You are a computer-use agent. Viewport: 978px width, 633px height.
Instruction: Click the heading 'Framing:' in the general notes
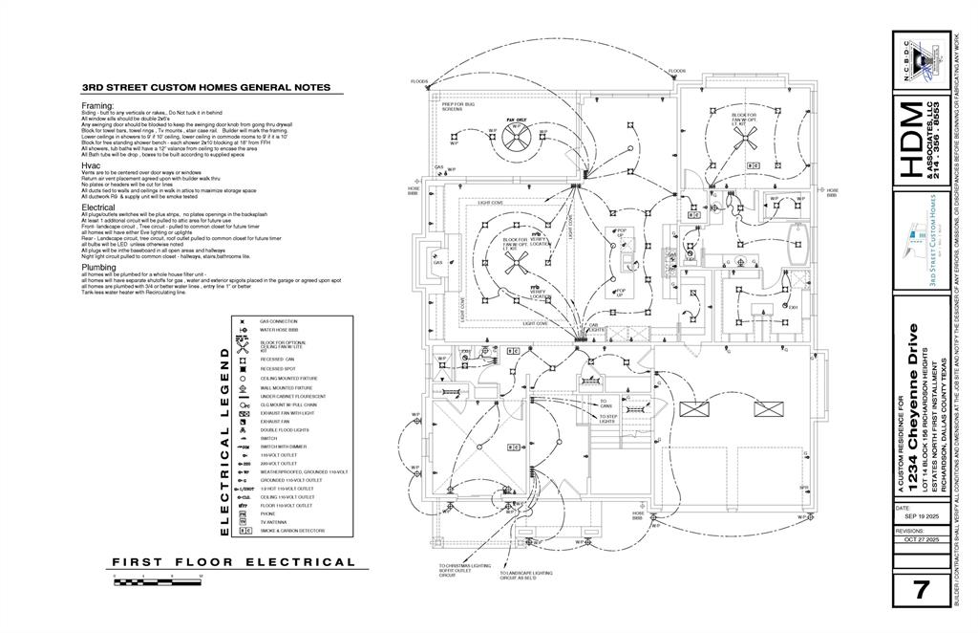coord(97,105)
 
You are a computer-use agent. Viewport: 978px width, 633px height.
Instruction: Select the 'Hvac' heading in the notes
coord(91,165)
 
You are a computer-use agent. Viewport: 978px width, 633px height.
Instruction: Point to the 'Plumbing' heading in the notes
coord(98,268)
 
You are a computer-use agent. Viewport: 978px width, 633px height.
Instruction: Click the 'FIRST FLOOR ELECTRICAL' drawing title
coord(234,562)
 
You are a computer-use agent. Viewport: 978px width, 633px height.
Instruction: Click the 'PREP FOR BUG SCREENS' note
coord(452,107)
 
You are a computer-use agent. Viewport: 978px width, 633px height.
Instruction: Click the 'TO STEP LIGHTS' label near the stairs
coord(607,419)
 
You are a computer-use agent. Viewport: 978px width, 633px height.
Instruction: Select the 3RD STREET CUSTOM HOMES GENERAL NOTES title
coord(206,88)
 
